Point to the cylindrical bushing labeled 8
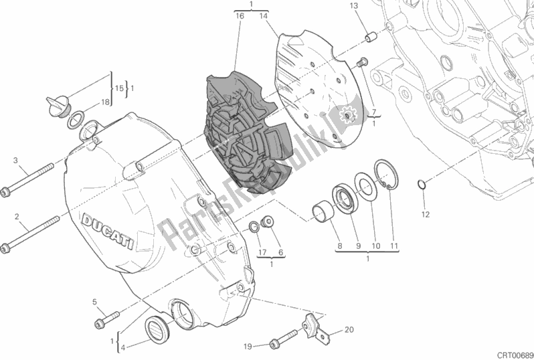[x=324, y=213]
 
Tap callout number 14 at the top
[x=264, y=14]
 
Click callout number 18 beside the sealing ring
[x=104, y=102]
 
